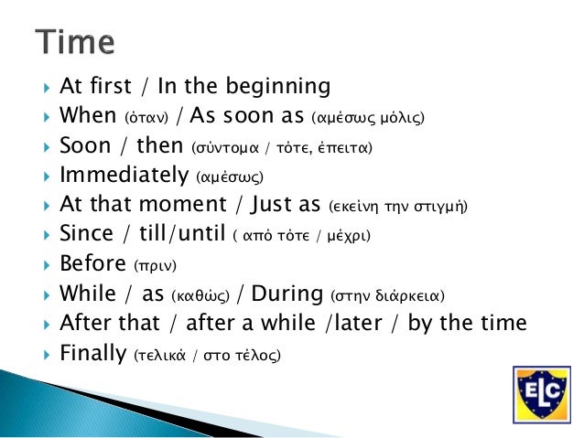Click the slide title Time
[x=75, y=42]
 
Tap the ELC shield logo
[x=542, y=395]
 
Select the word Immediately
[x=124, y=175]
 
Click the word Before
[x=92, y=263]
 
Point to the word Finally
[x=93, y=353]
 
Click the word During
[x=287, y=294]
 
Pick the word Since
[x=86, y=233]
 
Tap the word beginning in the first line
[x=278, y=86]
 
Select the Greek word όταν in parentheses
[x=146, y=118]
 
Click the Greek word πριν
[x=155, y=266]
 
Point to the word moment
[x=182, y=204]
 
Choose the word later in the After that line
[x=358, y=322]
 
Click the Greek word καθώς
[x=200, y=295]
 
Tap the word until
[x=201, y=233]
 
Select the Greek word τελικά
[x=160, y=356]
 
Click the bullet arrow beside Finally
[x=47, y=354]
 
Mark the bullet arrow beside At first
[x=47, y=88]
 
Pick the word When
[x=88, y=115]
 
